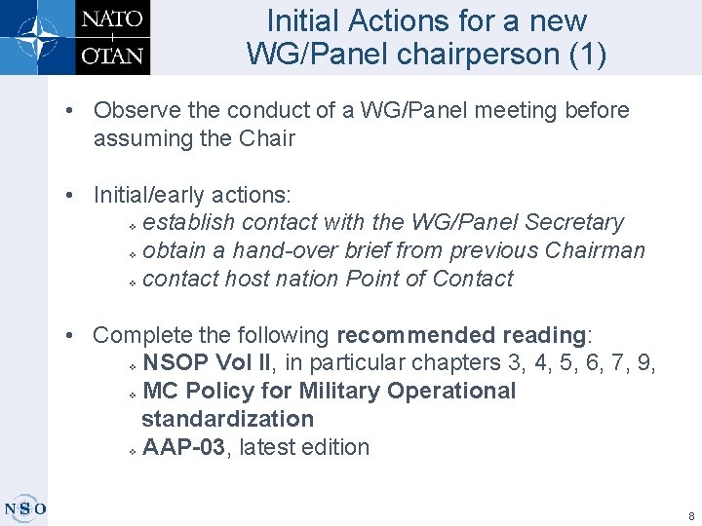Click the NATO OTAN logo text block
[x=111, y=37]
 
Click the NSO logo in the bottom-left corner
[x=25, y=507]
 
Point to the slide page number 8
[x=690, y=515]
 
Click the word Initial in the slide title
[x=303, y=20]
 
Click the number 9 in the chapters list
[x=647, y=363]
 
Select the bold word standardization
[x=227, y=419]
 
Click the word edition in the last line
[x=337, y=447]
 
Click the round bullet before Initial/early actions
[x=72, y=195]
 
